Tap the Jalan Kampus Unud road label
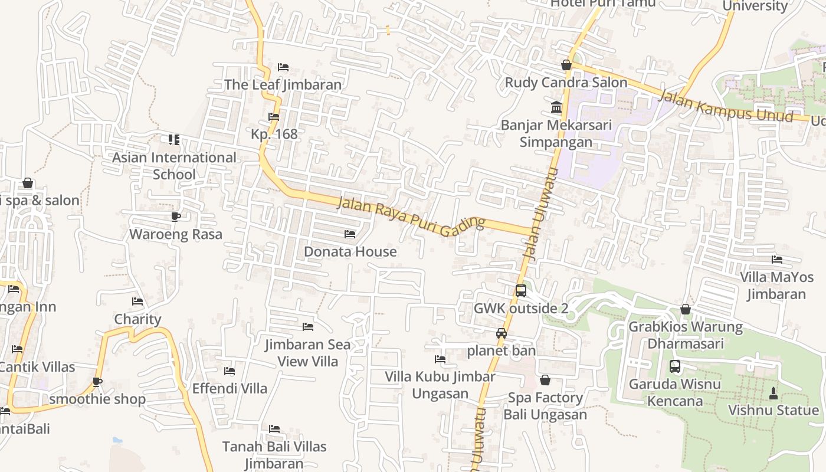725,106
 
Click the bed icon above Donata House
350,234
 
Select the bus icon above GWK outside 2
520,290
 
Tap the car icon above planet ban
501,333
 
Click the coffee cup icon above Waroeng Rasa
176,217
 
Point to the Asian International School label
174,166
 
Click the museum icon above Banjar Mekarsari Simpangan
556,107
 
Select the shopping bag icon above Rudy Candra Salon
566,65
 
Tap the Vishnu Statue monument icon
773,393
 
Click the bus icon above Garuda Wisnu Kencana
675,366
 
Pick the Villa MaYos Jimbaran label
776,286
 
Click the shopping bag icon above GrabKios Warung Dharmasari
686,309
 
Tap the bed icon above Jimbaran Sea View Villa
307,327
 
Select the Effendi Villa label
230,388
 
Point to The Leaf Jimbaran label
283,84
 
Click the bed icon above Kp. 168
274,117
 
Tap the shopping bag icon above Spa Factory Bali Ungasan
545,380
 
